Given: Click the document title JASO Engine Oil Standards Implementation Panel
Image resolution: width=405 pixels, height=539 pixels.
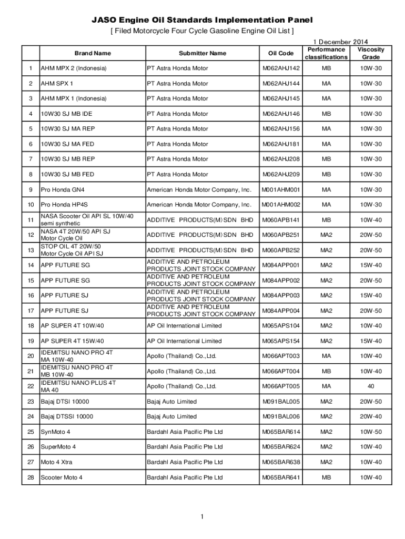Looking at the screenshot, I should (x=202, y=20).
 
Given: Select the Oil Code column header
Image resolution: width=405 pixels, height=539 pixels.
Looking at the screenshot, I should (x=278, y=53).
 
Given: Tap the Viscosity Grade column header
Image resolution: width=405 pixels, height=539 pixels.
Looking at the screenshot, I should (x=371, y=53).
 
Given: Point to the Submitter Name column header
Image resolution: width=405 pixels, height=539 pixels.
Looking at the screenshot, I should (x=202, y=53).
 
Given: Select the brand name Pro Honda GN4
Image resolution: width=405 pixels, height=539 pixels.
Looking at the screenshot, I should (x=63, y=189).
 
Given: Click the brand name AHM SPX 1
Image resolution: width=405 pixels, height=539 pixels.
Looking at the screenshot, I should (x=57, y=84).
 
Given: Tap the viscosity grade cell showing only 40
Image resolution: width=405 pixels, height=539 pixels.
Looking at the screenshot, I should (x=371, y=386).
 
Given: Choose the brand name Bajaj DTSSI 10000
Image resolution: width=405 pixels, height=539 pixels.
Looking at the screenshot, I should (x=67, y=416).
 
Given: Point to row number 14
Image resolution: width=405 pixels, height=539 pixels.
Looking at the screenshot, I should (x=31, y=265).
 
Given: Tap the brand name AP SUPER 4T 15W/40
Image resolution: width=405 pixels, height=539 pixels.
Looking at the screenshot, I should (x=73, y=341).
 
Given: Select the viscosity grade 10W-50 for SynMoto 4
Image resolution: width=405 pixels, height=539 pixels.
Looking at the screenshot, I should (x=371, y=432).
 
